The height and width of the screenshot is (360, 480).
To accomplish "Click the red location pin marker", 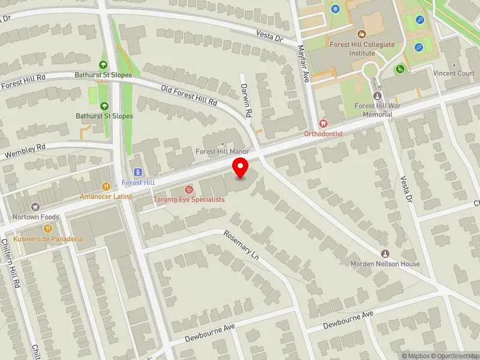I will click(241, 169).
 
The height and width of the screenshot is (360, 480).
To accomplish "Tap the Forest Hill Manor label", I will click(222, 151).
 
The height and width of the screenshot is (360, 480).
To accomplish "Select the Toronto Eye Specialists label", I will click(188, 199).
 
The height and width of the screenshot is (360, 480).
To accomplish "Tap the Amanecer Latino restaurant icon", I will click(106, 186).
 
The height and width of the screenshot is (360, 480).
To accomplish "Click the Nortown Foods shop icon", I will click(34, 206).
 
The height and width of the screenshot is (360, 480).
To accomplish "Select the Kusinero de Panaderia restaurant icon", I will click(49, 228).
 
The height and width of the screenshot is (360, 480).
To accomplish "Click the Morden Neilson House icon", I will click(385, 254).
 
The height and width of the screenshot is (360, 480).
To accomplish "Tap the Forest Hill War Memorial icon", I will click(377, 96).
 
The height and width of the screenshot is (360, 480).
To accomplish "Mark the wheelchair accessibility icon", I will click(400, 69).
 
